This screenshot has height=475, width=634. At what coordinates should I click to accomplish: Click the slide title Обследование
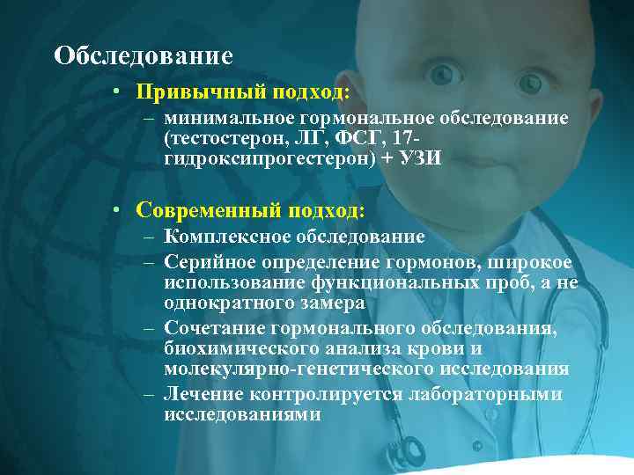143,56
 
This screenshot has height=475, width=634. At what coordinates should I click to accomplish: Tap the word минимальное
220,118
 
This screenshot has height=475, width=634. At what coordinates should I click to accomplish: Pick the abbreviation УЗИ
417,158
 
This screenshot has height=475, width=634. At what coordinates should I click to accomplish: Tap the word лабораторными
485,395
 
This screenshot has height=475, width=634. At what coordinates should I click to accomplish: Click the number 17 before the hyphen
404,138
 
